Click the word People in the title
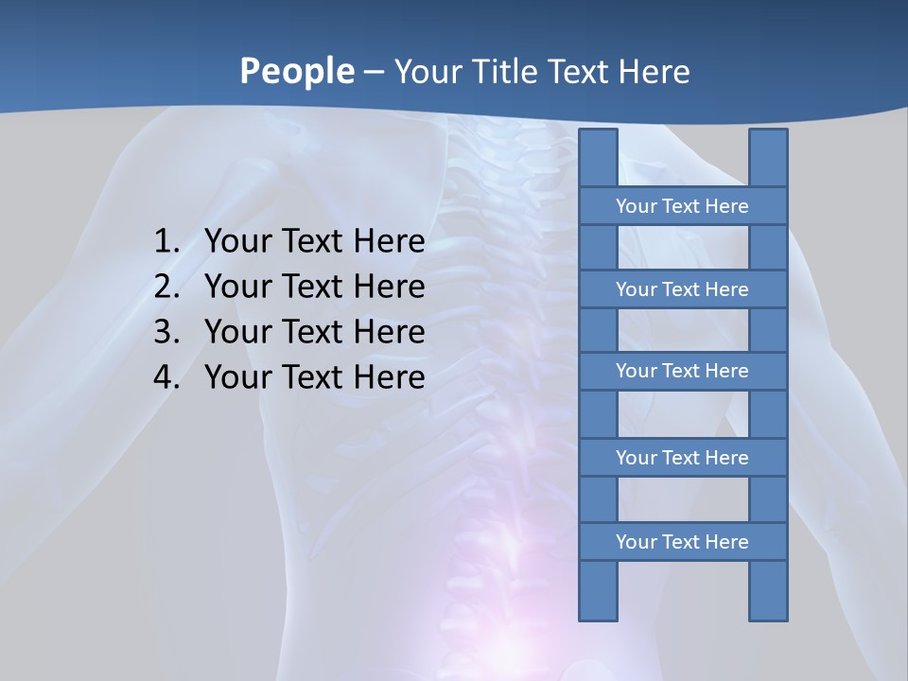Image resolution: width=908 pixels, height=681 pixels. click(296, 71)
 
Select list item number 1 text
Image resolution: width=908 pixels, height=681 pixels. click(314, 241)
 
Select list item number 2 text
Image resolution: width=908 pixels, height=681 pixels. click(314, 287)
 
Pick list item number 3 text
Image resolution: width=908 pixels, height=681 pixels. click(314, 332)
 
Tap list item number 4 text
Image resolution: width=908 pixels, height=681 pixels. click(314, 377)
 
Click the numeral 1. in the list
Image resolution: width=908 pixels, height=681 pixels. click(166, 241)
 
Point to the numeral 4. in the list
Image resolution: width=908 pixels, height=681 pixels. click(166, 377)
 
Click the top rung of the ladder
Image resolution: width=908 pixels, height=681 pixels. click(682, 206)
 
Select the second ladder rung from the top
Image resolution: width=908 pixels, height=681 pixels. click(682, 289)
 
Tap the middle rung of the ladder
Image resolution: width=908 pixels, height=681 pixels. click(682, 372)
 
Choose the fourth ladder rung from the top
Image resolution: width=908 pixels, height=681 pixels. click(682, 458)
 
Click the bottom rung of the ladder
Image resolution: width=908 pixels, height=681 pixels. click(682, 542)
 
